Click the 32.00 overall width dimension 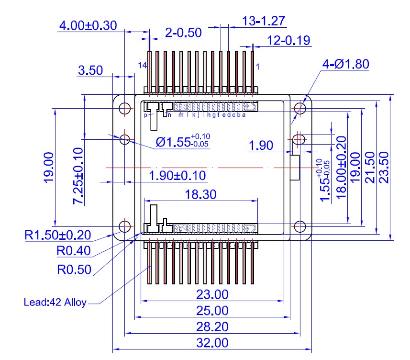tap(212, 343)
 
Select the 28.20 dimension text tap(212, 327)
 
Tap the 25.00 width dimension tap(212, 311)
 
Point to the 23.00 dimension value tap(212, 294)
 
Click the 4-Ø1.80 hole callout tap(346, 64)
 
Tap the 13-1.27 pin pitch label tap(264, 21)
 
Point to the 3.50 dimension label tap(90, 70)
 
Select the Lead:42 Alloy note tap(55, 302)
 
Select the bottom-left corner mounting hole tap(125, 226)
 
